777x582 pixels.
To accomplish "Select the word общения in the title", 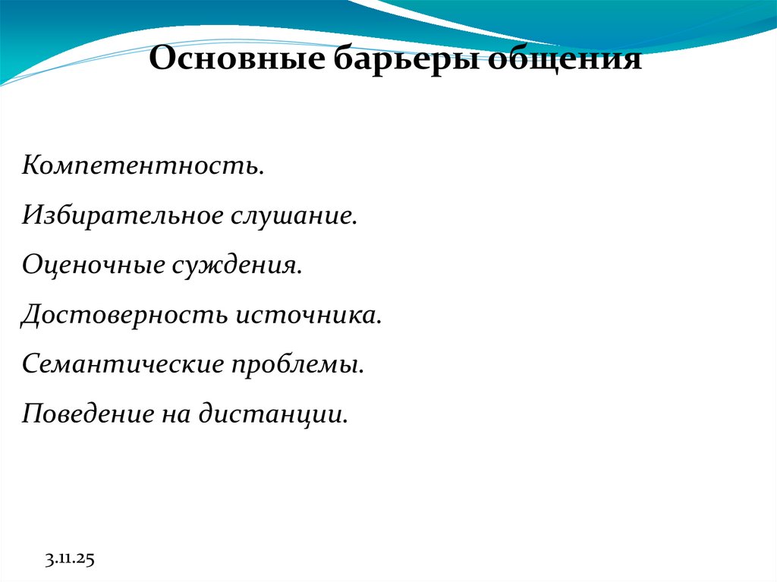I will coord(564,59).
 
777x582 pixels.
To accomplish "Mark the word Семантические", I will coord(124,365).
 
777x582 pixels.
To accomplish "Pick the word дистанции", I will coord(273,415).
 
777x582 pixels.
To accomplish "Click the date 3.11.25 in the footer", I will coord(68,560).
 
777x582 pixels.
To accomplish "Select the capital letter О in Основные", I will coord(160,59).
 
